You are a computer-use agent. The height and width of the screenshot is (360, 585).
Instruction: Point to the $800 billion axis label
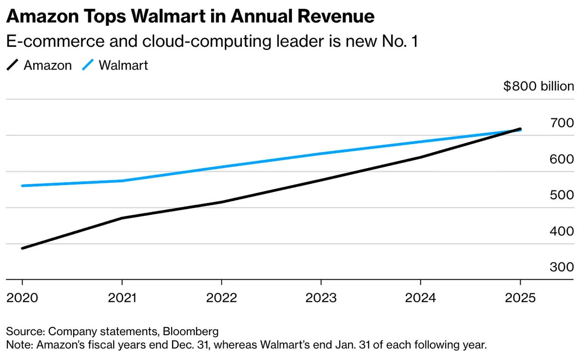539,87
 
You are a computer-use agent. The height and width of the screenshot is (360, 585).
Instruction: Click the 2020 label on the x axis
22,298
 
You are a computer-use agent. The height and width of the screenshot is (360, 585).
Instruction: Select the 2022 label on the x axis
222,298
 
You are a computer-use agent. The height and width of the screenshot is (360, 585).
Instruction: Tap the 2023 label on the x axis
321,298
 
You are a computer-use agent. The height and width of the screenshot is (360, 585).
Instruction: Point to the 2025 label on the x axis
520,298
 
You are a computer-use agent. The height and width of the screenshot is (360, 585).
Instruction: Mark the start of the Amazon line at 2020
22,248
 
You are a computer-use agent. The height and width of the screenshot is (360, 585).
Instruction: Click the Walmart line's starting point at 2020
22,186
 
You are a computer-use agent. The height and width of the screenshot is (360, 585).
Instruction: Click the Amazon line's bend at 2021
122,218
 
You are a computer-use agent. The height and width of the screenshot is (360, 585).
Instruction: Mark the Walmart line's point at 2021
122,181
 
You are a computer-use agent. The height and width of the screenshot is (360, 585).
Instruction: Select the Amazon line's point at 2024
421,157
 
